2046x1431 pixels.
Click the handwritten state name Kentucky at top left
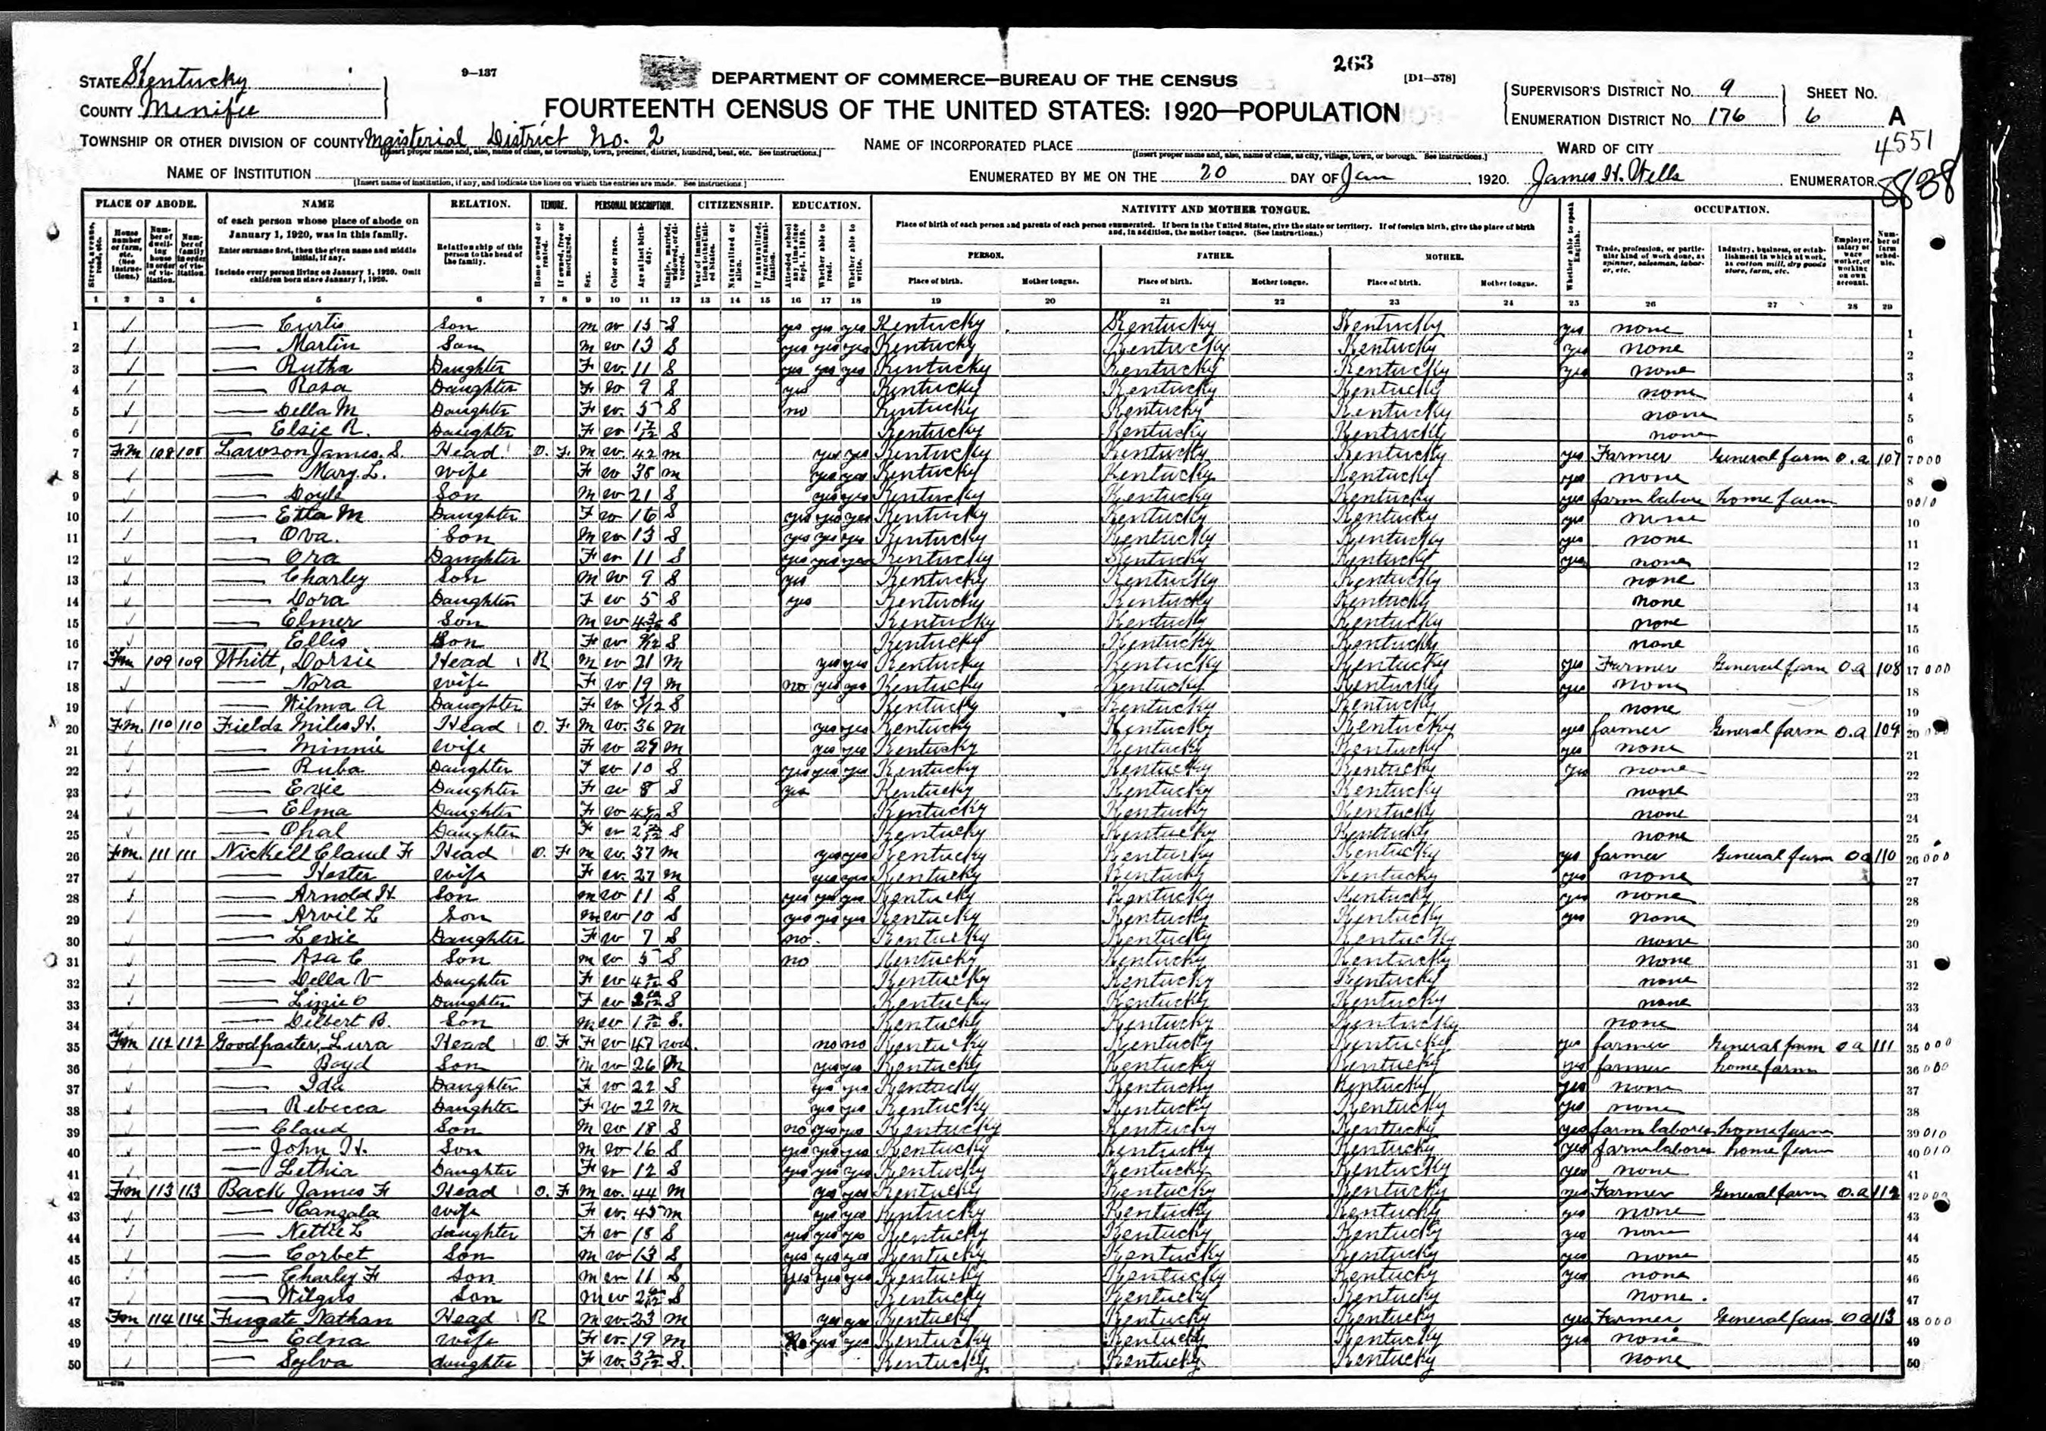[187, 81]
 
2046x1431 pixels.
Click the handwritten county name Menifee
[201, 111]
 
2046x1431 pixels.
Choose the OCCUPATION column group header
[1730, 209]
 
